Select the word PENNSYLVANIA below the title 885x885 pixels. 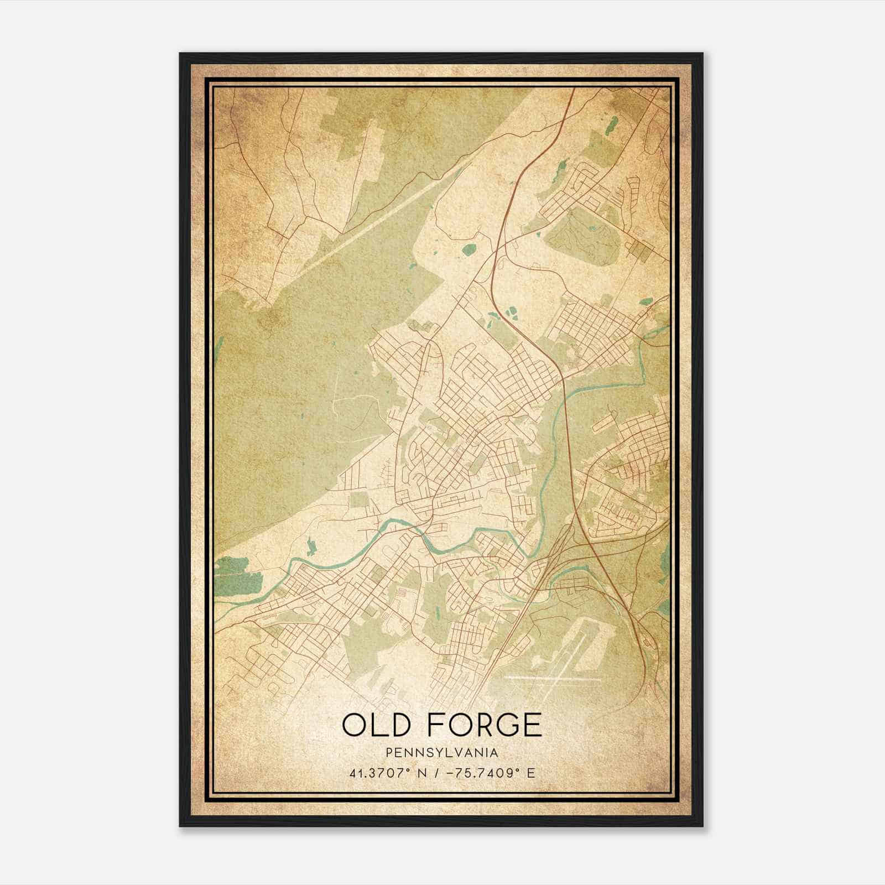[x=442, y=752]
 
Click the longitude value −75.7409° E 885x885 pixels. [x=486, y=773]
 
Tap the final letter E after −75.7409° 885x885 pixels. [x=532, y=773]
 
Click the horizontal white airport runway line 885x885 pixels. [x=553, y=679]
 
